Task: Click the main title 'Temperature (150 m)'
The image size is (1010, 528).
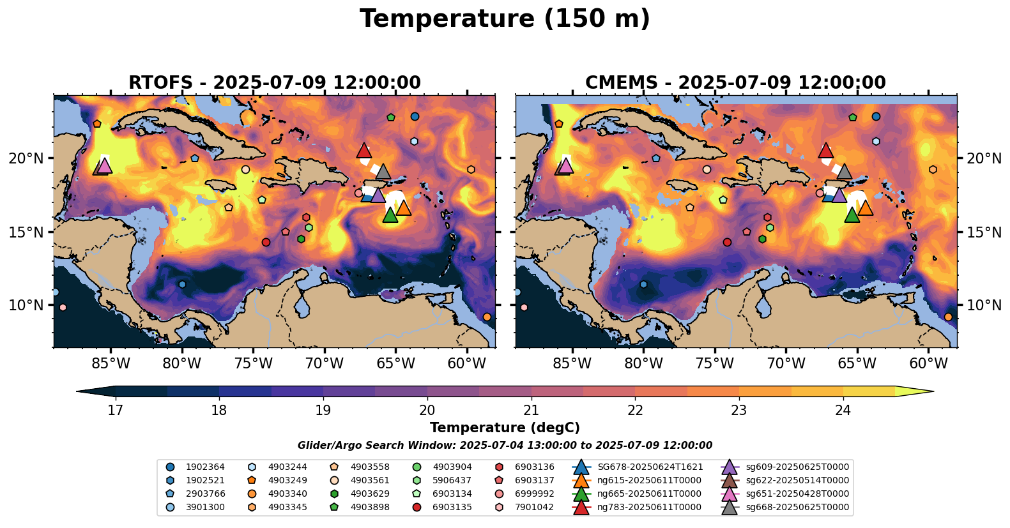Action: tap(505, 19)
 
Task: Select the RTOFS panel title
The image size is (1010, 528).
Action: tap(275, 83)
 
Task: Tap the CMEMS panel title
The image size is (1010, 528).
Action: tap(735, 83)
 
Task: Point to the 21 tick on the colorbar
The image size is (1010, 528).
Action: tap(532, 410)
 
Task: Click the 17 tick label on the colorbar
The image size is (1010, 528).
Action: tap(115, 410)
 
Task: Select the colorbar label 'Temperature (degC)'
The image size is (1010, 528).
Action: tap(505, 428)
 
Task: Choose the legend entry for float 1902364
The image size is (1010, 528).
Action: tap(198, 467)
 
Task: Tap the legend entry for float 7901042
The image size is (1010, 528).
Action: tap(528, 508)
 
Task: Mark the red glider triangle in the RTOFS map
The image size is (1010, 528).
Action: tap(363, 151)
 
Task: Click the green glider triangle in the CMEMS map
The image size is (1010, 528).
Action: tap(852, 215)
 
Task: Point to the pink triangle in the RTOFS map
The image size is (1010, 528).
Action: tap(105, 166)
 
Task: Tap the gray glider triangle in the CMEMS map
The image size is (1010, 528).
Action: tap(845, 172)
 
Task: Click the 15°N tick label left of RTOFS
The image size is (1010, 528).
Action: tap(26, 232)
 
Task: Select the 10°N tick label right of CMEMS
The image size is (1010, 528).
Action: tap(984, 305)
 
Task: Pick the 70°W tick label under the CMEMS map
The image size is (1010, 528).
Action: tap(786, 364)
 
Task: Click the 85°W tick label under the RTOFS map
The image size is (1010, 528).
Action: tap(111, 364)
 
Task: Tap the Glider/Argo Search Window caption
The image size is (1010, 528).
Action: tap(505, 446)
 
